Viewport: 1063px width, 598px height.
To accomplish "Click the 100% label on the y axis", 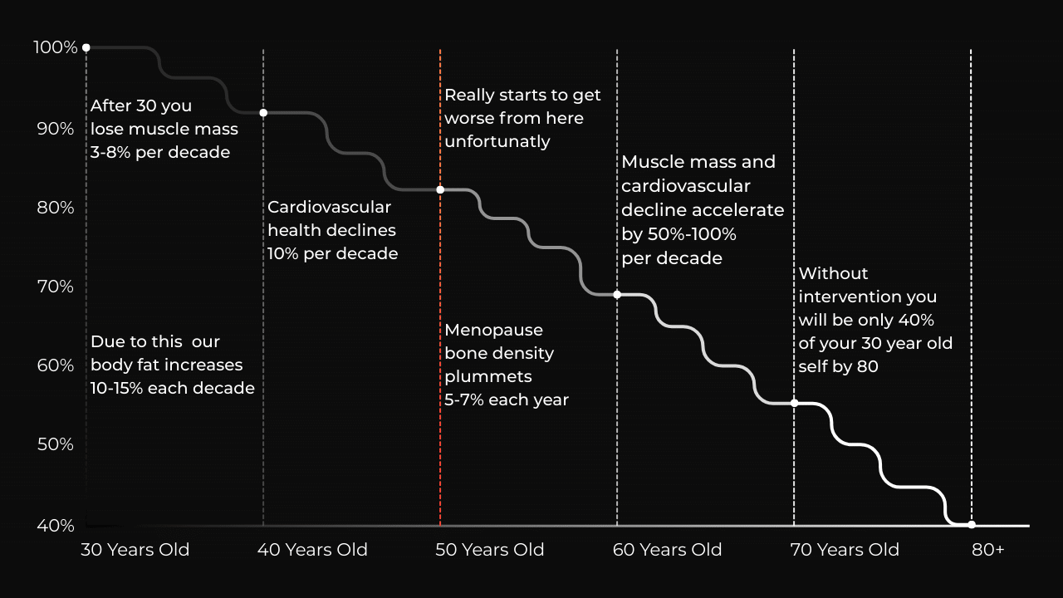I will (55, 47).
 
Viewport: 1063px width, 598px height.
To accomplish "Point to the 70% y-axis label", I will (55, 287).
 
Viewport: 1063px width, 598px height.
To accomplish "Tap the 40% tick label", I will (55, 526).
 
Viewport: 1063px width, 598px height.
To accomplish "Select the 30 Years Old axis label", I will (135, 550).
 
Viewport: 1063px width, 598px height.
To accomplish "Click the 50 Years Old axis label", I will (489, 550).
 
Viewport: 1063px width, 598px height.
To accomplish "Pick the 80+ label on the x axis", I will (987, 550).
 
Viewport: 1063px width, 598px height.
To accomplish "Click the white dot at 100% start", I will (86, 48).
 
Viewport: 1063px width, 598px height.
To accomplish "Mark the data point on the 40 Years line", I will (263, 113).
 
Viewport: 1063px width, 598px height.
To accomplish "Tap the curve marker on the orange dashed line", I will (440, 190).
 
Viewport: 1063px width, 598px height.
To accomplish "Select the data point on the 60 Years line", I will (617, 295).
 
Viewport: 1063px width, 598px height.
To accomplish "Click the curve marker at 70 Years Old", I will (794, 403).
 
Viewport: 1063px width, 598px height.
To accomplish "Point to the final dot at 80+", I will (972, 524).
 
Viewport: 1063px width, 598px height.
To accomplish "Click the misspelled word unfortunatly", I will (497, 141).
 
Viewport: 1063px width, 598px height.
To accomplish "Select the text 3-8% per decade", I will (160, 152).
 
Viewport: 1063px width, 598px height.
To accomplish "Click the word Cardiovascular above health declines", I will (329, 207).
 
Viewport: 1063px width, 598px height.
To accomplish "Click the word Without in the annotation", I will (833, 273).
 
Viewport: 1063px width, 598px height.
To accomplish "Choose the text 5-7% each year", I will (507, 399).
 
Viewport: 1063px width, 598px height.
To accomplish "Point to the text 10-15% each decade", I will (173, 388).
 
